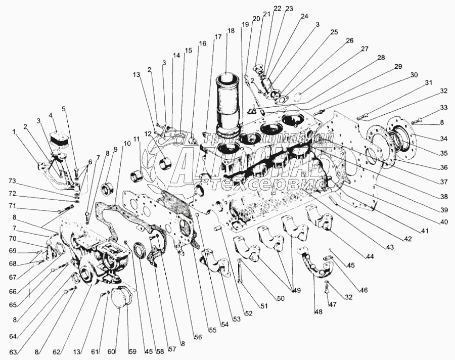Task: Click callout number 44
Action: click(x=371, y=257)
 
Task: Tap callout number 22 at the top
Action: click(x=278, y=9)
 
